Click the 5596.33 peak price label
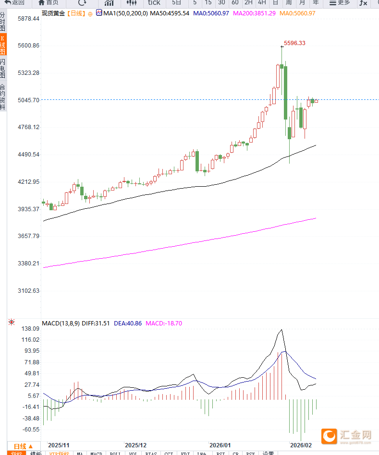(x=294, y=43)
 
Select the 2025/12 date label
(x=136, y=445)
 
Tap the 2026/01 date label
(x=220, y=445)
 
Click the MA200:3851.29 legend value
(x=254, y=13)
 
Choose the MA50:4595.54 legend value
(x=170, y=13)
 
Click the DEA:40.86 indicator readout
(x=128, y=323)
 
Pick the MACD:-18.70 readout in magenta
(x=164, y=323)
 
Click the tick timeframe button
(x=154, y=3)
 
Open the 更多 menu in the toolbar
(x=340, y=3)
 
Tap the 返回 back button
(x=15, y=3)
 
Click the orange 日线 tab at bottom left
(x=23, y=446)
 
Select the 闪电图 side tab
(x=3, y=69)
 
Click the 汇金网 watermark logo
(x=347, y=435)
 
